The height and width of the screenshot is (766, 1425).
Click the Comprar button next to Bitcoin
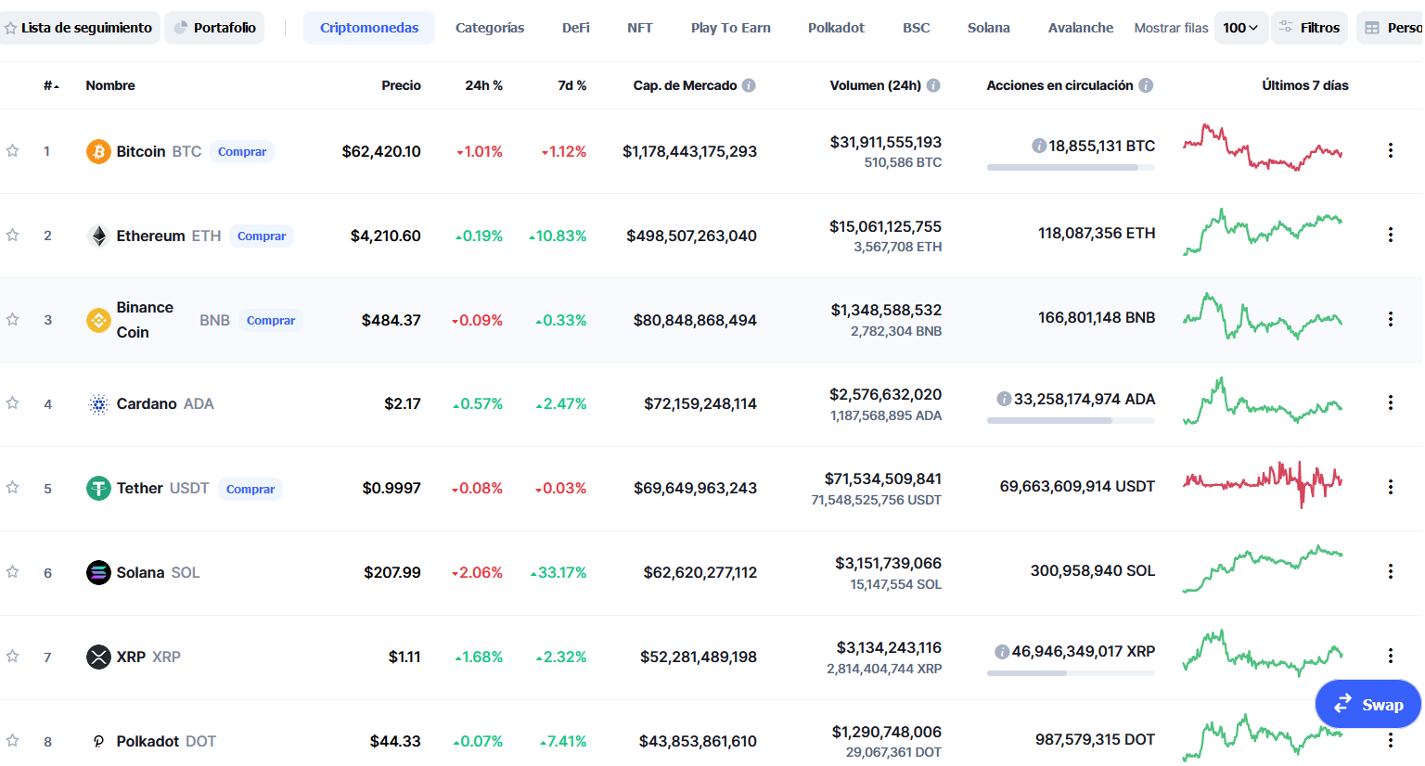point(242,151)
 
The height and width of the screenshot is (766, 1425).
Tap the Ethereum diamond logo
point(98,236)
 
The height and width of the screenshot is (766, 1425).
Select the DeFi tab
point(576,28)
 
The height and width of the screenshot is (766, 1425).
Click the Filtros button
point(1309,28)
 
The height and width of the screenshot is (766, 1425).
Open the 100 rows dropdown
point(1240,28)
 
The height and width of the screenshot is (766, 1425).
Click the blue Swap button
point(1368,705)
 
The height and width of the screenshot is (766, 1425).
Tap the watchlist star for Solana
point(12,572)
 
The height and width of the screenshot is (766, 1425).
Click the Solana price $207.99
point(392,573)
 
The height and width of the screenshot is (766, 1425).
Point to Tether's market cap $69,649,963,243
point(695,488)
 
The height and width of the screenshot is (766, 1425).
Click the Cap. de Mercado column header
point(685,85)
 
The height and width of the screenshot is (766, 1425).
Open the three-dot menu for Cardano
point(1391,402)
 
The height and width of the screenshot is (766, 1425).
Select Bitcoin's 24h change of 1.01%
point(480,152)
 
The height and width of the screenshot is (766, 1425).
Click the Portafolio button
point(214,28)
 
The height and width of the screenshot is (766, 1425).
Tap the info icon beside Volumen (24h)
point(933,85)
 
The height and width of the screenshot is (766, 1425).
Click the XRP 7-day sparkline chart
point(1263,653)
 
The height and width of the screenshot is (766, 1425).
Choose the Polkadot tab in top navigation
point(836,28)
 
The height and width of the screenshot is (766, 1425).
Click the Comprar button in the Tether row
point(250,489)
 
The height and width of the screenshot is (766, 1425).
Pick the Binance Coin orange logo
point(98,320)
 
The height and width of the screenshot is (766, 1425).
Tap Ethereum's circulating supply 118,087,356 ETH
point(1097,234)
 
